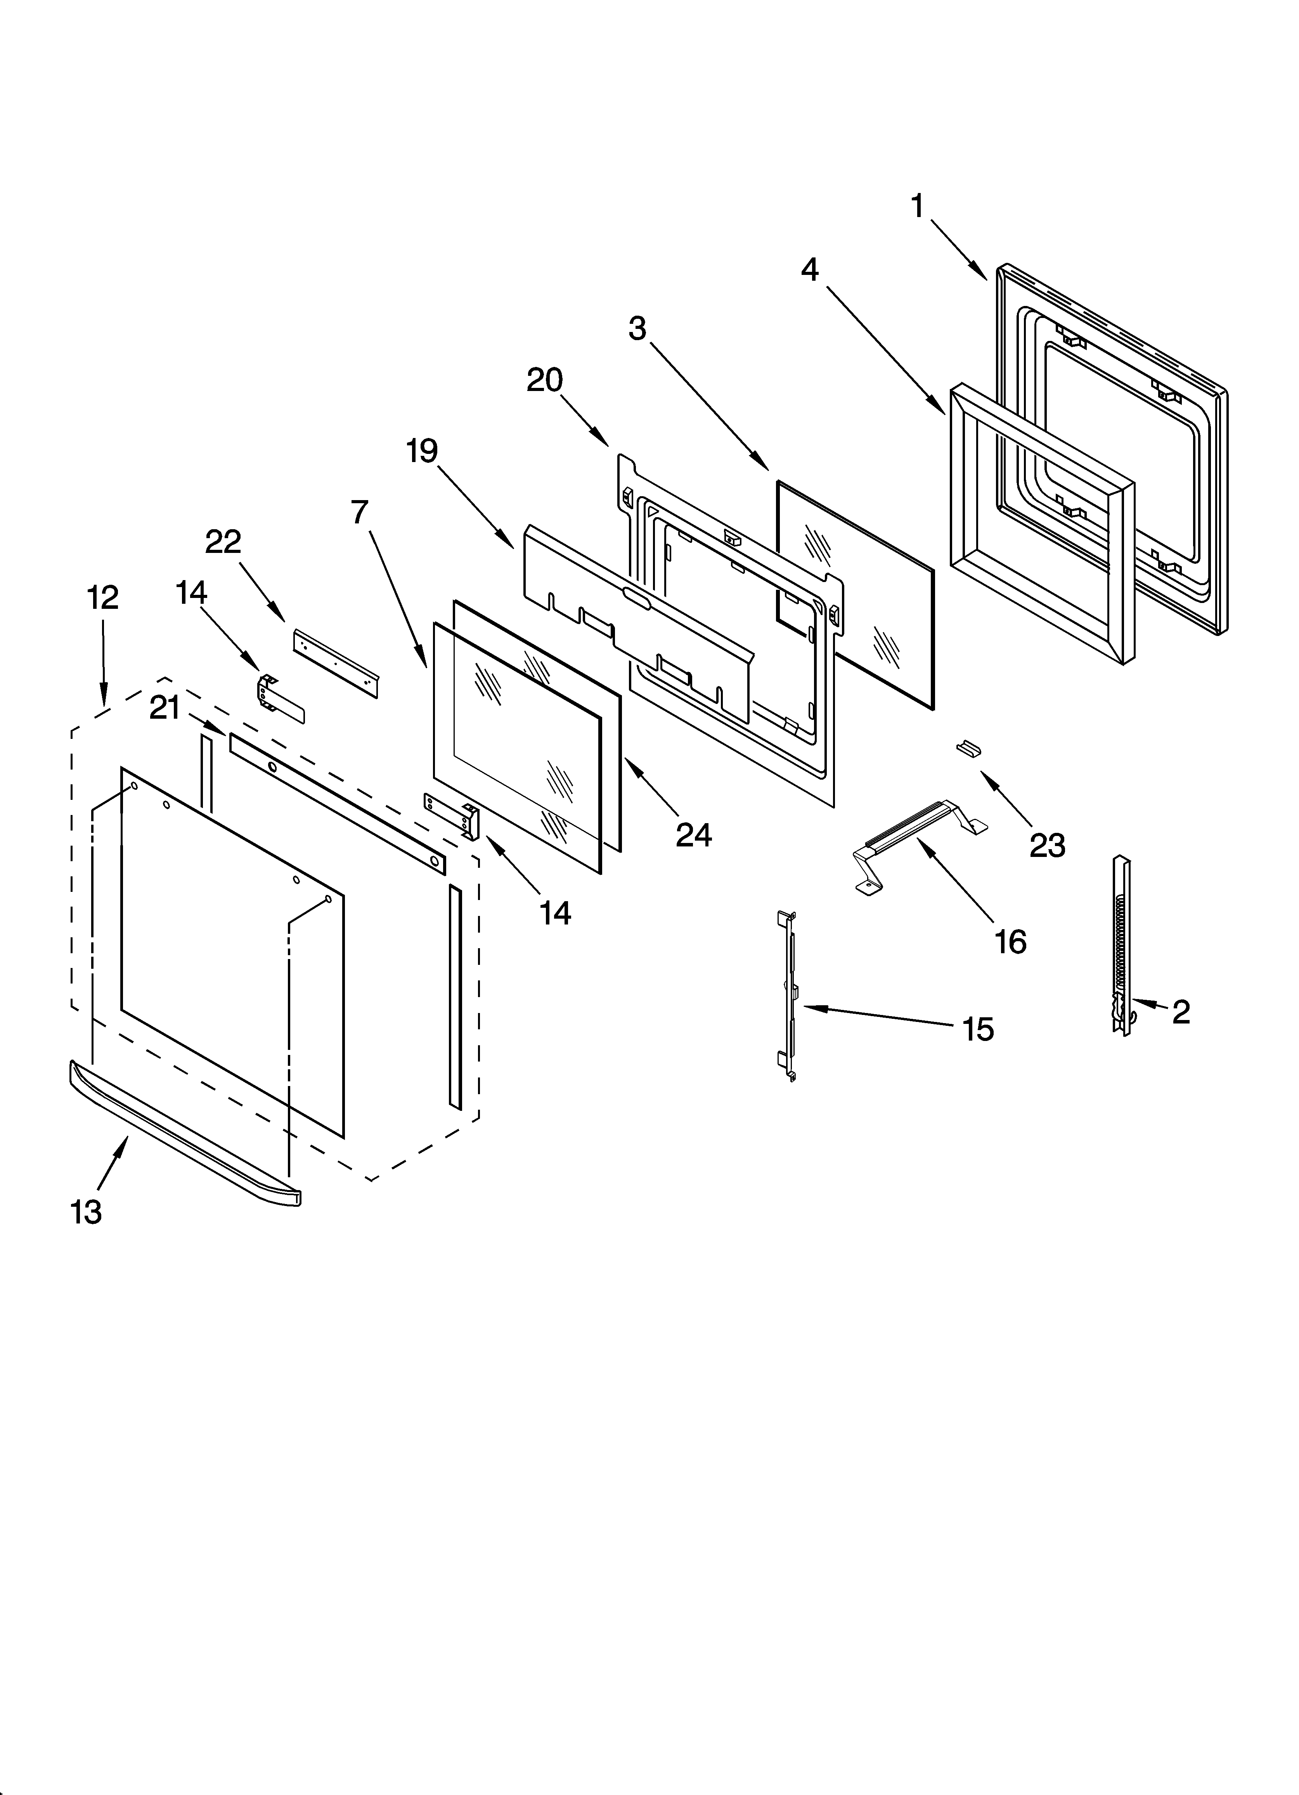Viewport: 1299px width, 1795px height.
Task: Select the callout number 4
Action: click(x=809, y=270)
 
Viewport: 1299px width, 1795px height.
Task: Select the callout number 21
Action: click(x=165, y=707)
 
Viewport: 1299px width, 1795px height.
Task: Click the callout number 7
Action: click(x=360, y=513)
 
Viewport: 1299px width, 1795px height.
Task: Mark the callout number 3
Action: click(x=637, y=328)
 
